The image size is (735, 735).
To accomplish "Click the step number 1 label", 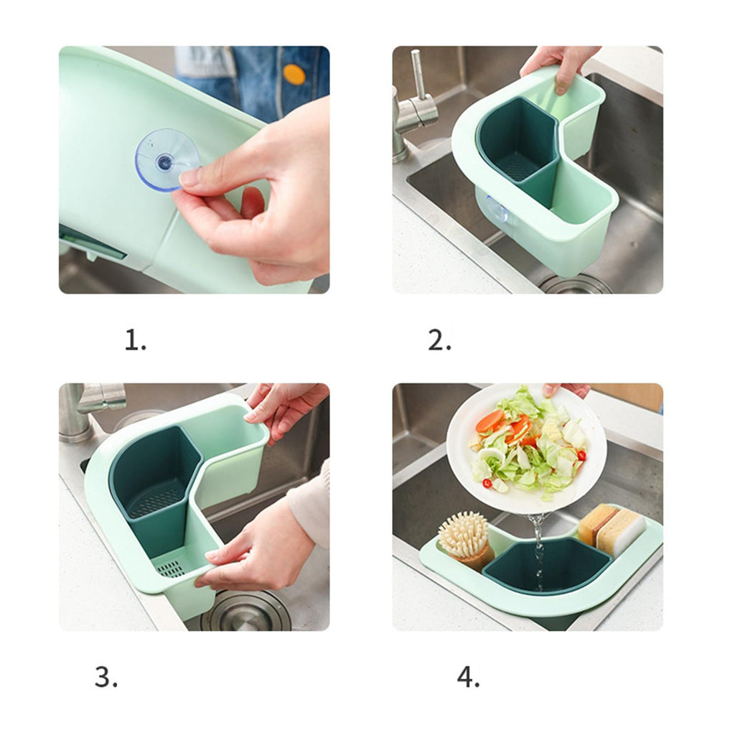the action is pos(135,340).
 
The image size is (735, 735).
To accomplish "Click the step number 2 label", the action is pos(439,340).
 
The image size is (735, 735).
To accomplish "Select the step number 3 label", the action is pos(106,677).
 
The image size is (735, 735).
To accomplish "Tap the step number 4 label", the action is pos(468,677).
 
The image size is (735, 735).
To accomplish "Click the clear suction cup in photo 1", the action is pos(167,159).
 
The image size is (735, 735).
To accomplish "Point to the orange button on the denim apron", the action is pos(294,74).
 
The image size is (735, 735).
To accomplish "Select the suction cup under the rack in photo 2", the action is pos(497,210).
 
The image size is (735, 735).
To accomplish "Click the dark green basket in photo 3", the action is pos(155,483).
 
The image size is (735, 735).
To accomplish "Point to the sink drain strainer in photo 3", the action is pos(246,610).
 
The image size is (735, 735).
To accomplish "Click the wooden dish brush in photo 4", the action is pos(465,540).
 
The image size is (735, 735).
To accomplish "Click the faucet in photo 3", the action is pos(89,408).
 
